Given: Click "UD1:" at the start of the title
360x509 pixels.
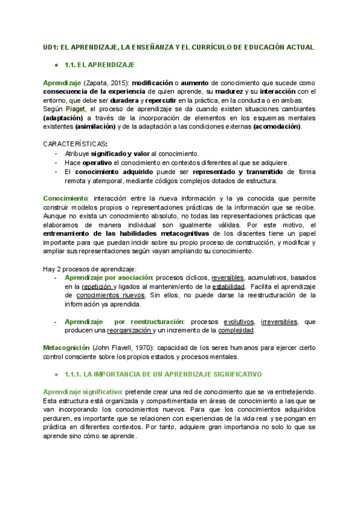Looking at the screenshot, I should click(52, 47).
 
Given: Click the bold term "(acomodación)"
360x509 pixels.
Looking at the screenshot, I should click(277, 127).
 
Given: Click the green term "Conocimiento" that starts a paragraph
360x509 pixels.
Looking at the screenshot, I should click(65, 198).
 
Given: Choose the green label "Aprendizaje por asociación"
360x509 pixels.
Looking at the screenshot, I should click(108, 278).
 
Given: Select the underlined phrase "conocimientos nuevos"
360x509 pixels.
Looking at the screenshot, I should click(112, 295).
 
